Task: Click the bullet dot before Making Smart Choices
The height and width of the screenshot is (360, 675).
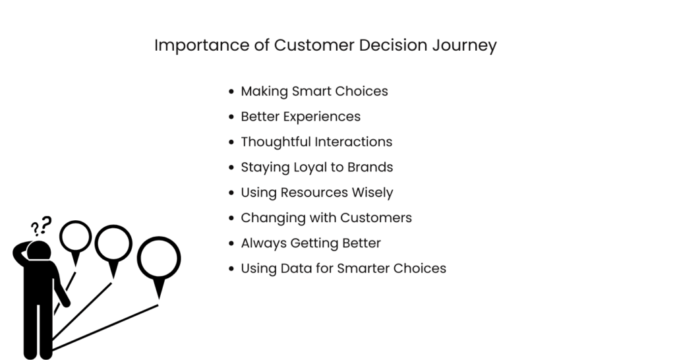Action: pyautogui.click(x=231, y=92)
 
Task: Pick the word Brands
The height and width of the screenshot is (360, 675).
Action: pyautogui.click(x=371, y=167)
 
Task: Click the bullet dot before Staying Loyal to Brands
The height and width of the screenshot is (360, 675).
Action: pyautogui.click(x=231, y=167)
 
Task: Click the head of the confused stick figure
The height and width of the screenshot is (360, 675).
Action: pyautogui.click(x=40, y=251)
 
